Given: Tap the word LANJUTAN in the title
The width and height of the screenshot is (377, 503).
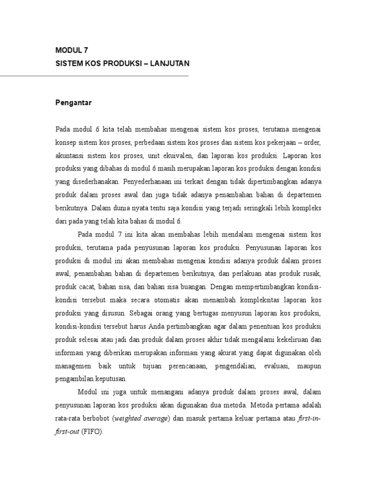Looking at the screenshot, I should (167, 64).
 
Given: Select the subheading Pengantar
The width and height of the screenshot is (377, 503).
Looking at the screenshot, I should (73, 103).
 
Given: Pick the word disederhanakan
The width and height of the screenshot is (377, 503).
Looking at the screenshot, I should (94, 181).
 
